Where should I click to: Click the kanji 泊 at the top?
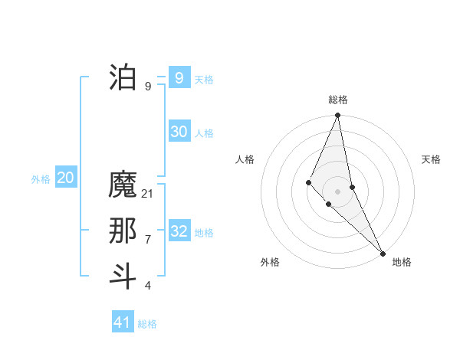tap(123, 77)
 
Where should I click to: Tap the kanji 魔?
tap(123, 185)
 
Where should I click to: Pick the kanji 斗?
tap(123, 276)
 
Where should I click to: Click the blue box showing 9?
tap(179, 77)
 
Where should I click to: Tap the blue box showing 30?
tap(179, 132)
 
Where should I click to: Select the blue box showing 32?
tap(179, 231)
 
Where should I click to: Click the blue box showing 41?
tap(122, 322)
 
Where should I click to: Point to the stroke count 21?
tap(148, 194)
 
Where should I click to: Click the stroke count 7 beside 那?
tap(148, 240)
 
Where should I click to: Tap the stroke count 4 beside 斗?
tap(148, 286)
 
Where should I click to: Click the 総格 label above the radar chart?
tap(338, 100)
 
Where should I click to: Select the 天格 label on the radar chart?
tap(431, 159)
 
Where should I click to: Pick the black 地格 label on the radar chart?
tap(402, 262)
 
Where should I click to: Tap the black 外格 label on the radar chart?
tap(270, 262)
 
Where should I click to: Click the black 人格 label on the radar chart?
tap(245, 159)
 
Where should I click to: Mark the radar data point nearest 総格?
tap(338, 116)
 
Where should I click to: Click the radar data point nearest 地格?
tap(383, 253)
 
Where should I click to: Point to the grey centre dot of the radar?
tap(338, 191)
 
